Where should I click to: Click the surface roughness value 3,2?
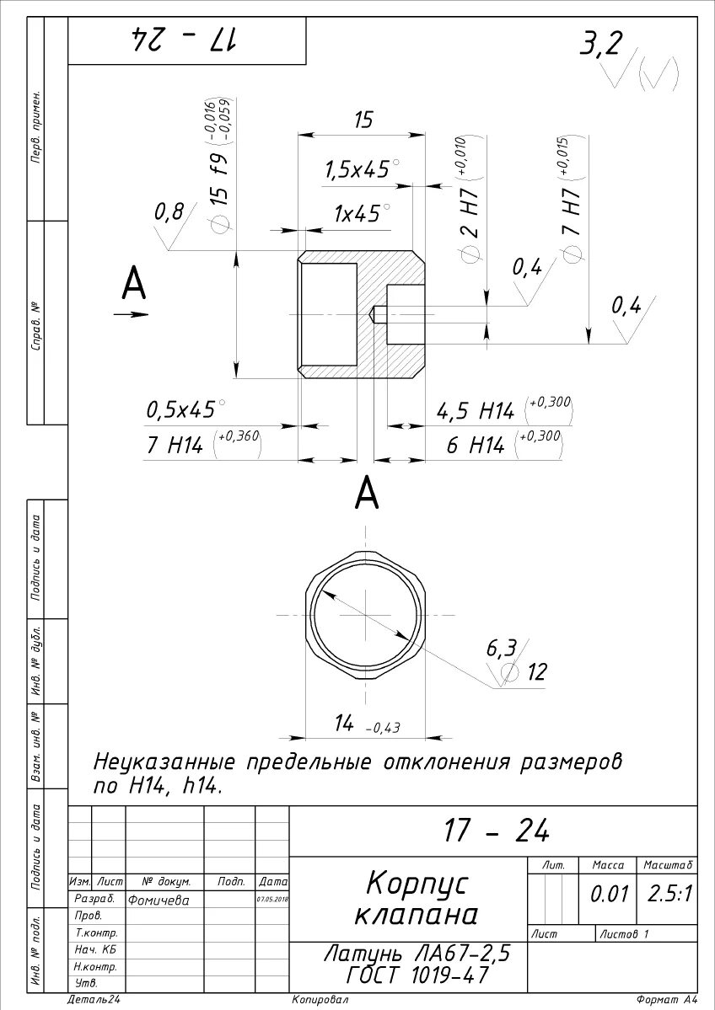599,43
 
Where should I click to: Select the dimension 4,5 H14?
475,411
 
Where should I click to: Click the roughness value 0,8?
168,212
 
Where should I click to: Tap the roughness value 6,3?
501,648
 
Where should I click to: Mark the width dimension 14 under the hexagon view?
343,722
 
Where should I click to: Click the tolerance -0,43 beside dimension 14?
383,728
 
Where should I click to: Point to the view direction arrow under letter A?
131,315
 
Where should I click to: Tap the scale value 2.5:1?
669,894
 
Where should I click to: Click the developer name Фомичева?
159,900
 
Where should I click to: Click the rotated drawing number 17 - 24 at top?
185,40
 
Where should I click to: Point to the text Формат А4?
667,1000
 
